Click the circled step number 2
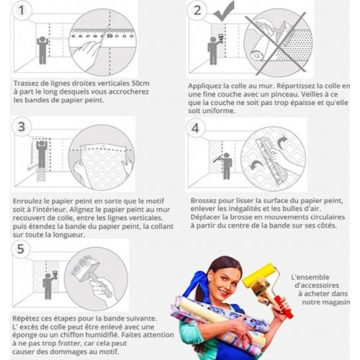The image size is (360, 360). click(x=197, y=10)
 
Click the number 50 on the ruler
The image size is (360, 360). click(x=109, y=35)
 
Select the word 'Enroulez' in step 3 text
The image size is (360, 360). click(x=29, y=202)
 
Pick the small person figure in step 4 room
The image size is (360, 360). click(x=226, y=165)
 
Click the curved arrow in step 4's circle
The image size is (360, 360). click(x=282, y=142)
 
